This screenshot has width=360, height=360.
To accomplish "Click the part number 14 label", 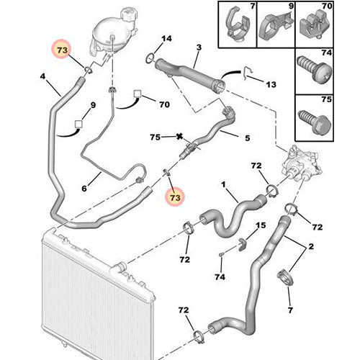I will pyautogui.click(x=167, y=38).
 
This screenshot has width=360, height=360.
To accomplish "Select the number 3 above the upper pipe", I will pyautogui.click(x=198, y=48).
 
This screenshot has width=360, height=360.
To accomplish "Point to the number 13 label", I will pyautogui.click(x=271, y=84).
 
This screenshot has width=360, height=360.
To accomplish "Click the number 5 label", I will pyautogui.click(x=247, y=138).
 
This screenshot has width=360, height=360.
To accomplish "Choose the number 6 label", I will pyautogui.click(x=84, y=189).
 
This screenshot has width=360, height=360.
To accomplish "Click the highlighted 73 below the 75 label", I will pyautogui.click(x=174, y=195).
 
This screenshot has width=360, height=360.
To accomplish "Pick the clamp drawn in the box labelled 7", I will pyautogui.click(x=233, y=24).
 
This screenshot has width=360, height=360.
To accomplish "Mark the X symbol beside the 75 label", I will pyautogui.click(x=178, y=136).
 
